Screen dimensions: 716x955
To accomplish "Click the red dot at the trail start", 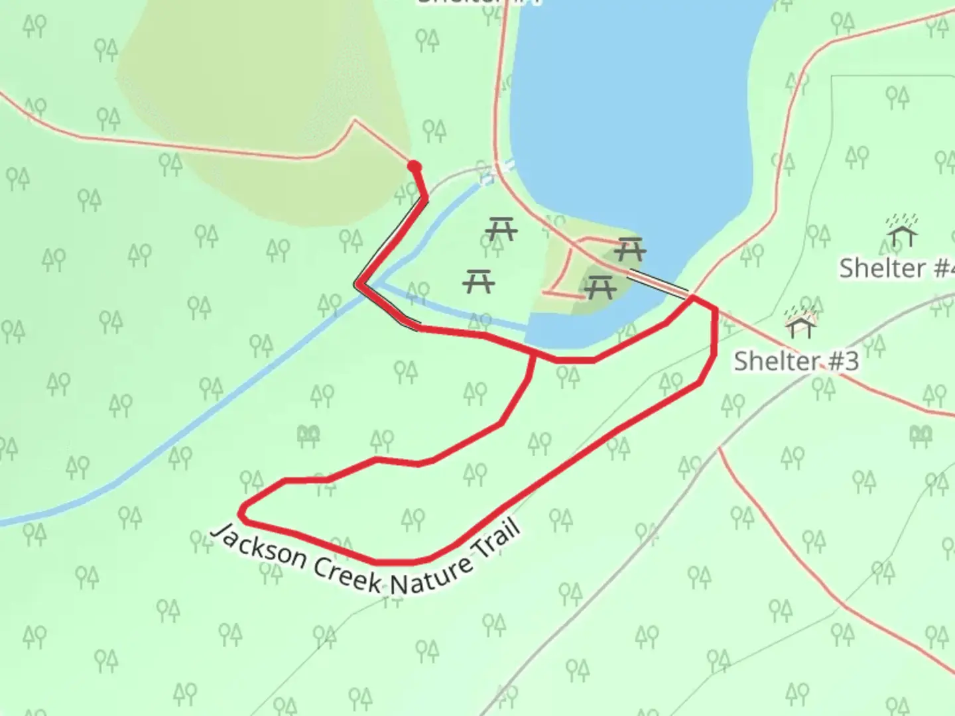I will [414, 166].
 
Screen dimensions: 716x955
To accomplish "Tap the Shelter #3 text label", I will [796, 362].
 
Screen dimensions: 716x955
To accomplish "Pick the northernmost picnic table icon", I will [501, 229].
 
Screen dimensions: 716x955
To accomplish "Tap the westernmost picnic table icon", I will [479, 281].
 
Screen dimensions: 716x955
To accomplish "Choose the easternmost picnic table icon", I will [629, 249].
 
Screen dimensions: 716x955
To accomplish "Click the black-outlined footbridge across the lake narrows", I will [657, 283].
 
